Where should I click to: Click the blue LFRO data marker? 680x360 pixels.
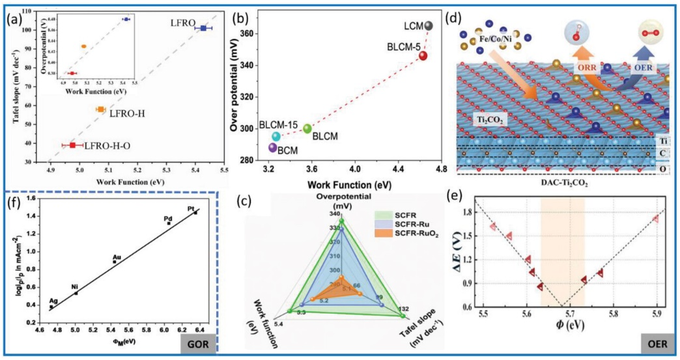(x=204, y=28)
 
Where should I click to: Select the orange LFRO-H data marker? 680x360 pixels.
(x=101, y=109)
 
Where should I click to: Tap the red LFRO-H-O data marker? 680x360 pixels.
(x=73, y=145)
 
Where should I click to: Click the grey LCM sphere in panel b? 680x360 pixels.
(x=428, y=26)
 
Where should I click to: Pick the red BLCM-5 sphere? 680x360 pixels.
(x=423, y=56)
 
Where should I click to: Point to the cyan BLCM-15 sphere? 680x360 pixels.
(x=276, y=136)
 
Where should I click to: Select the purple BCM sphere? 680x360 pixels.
(x=272, y=147)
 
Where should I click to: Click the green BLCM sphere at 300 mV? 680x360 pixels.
(x=307, y=128)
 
